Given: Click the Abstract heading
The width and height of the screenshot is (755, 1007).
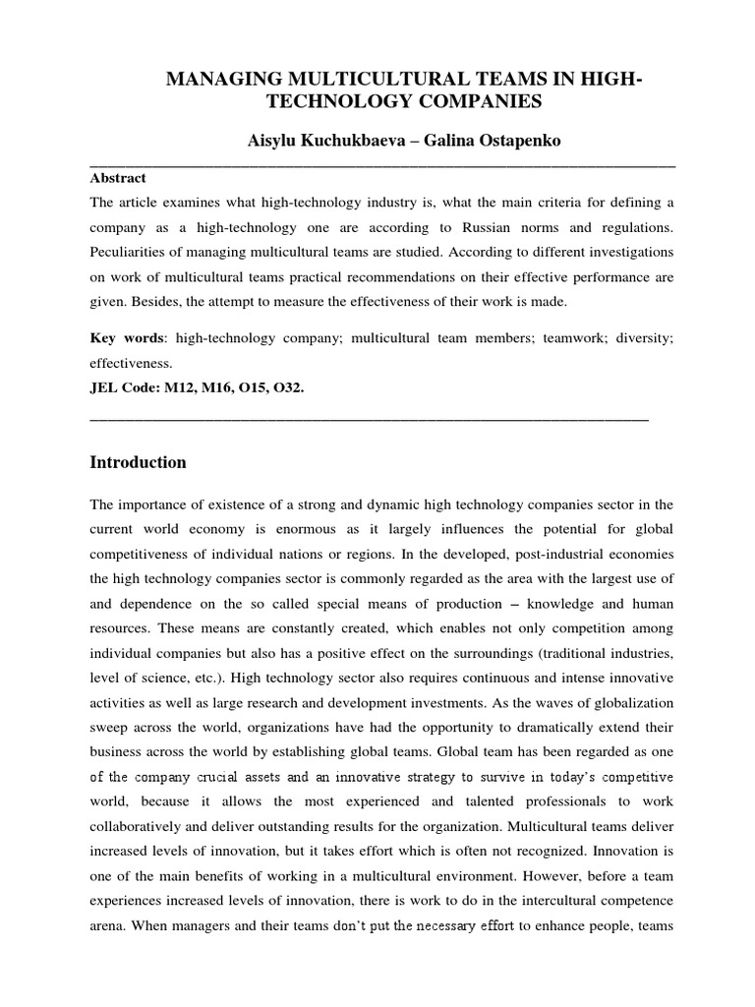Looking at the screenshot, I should [118, 178].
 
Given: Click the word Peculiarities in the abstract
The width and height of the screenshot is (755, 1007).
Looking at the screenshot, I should [128, 253].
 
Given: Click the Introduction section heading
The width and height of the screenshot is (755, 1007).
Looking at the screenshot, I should [138, 462].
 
